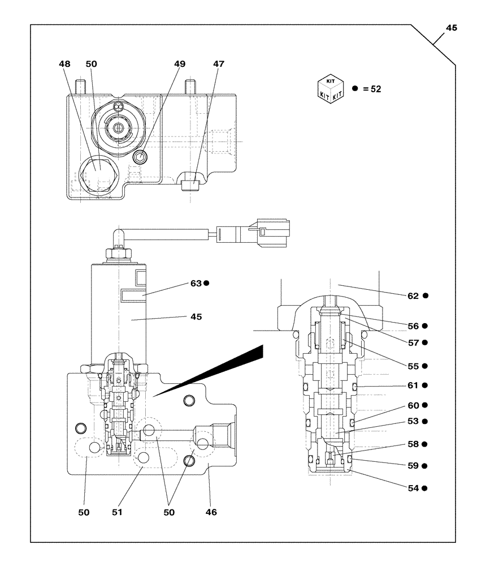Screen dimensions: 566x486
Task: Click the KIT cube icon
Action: tap(331, 88)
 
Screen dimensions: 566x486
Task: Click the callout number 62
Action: tap(413, 295)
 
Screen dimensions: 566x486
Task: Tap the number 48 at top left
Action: tap(65, 65)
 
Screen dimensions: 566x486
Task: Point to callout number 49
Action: tap(179, 65)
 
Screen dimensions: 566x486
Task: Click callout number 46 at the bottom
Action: tap(210, 512)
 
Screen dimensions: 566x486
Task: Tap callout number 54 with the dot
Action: tap(413, 488)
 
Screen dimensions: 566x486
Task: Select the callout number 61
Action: tap(413, 385)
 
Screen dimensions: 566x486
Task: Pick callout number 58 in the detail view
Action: tap(413, 444)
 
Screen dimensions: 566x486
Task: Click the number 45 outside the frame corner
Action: tap(452, 28)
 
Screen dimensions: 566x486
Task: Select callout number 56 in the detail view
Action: tap(413, 326)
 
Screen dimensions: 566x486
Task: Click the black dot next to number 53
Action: tap(424, 422)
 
